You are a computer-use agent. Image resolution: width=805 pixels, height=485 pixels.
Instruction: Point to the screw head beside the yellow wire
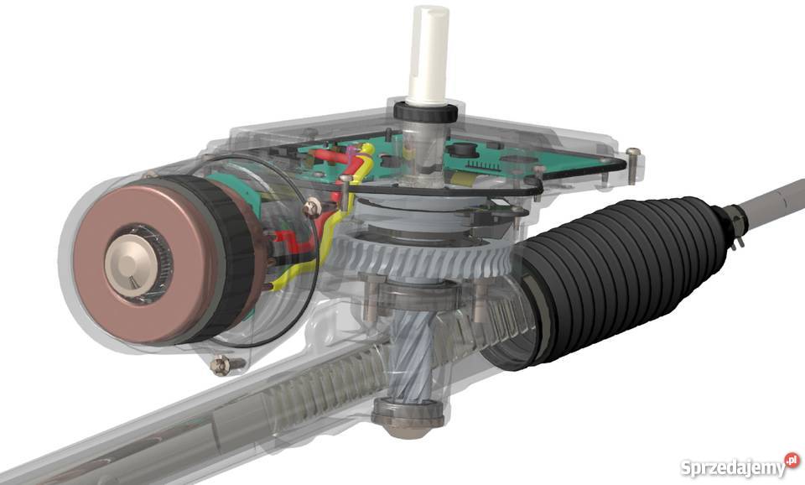[x=312, y=205]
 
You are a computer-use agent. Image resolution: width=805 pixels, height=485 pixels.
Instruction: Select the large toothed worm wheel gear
[x=419, y=252]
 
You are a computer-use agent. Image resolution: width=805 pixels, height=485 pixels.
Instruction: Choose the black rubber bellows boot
[x=621, y=269]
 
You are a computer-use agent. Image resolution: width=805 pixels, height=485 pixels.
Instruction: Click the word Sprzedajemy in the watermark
[x=731, y=467]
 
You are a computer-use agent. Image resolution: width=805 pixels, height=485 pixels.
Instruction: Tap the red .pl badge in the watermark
[x=792, y=461]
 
